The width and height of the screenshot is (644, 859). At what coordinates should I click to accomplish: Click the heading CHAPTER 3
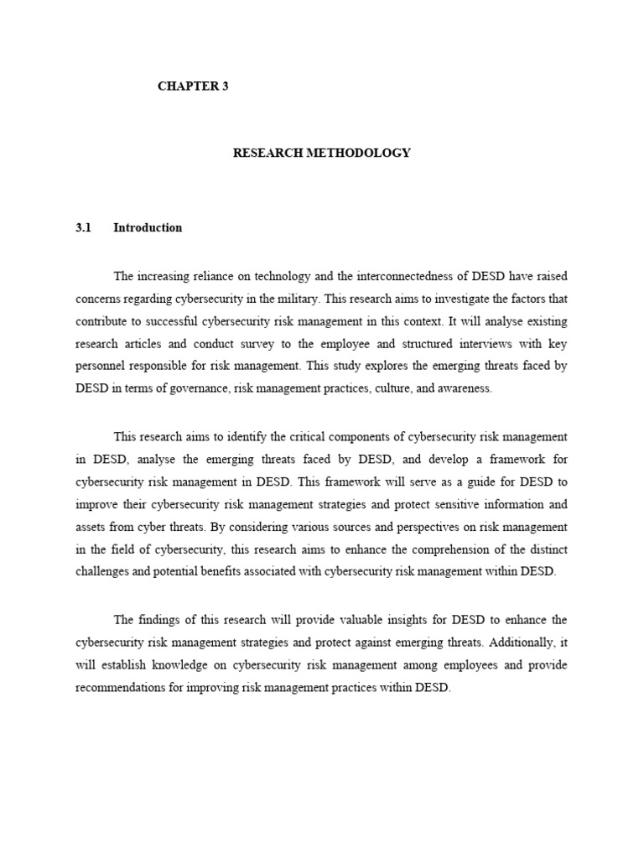[x=193, y=86]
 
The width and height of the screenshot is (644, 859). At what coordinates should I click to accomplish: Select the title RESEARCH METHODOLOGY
[x=322, y=154]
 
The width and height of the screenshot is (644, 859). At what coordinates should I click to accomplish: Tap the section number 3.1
[x=81, y=227]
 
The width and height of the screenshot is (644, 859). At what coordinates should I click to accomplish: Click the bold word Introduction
[x=148, y=227]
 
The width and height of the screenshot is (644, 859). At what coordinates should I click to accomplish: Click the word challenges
[x=104, y=570]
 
